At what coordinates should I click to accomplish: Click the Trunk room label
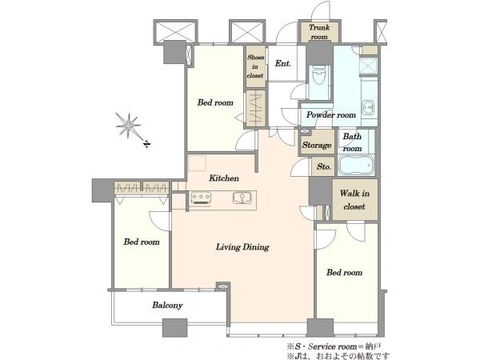(319, 32)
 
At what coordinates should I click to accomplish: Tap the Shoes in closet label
(256, 66)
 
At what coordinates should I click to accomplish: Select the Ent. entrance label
(283, 63)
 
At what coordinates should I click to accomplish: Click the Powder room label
(331, 114)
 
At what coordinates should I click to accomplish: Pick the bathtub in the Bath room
(356, 165)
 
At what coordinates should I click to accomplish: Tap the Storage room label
(317, 145)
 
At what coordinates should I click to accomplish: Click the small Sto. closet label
(324, 166)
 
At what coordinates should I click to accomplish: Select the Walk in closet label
(354, 200)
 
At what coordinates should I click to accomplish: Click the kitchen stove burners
(201, 198)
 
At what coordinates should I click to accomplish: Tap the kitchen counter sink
(242, 198)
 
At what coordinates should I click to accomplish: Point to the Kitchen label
(224, 178)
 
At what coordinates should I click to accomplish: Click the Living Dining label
(242, 246)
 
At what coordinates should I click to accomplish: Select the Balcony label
(167, 305)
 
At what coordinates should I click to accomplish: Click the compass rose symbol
(128, 125)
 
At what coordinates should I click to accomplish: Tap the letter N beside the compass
(147, 143)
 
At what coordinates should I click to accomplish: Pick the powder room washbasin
(367, 107)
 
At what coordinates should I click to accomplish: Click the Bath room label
(352, 142)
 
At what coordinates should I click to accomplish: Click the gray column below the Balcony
(174, 327)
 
